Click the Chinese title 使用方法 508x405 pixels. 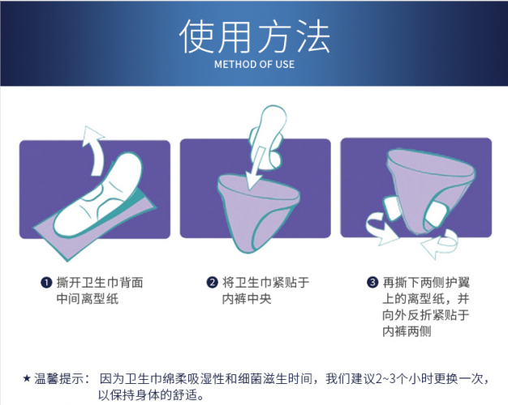click(254, 36)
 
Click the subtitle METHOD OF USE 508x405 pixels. click(254, 64)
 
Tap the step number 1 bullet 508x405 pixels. click(46, 283)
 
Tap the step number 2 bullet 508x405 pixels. click(212, 282)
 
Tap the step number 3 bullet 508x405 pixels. click(372, 282)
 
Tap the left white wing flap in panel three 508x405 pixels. click(392, 208)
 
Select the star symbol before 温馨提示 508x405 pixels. click(27, 378)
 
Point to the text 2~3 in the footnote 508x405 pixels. click(385, 378)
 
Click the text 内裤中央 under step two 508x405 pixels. click(247, 299)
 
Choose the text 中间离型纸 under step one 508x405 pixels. click(88, 299)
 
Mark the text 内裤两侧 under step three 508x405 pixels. click(407, 331)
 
